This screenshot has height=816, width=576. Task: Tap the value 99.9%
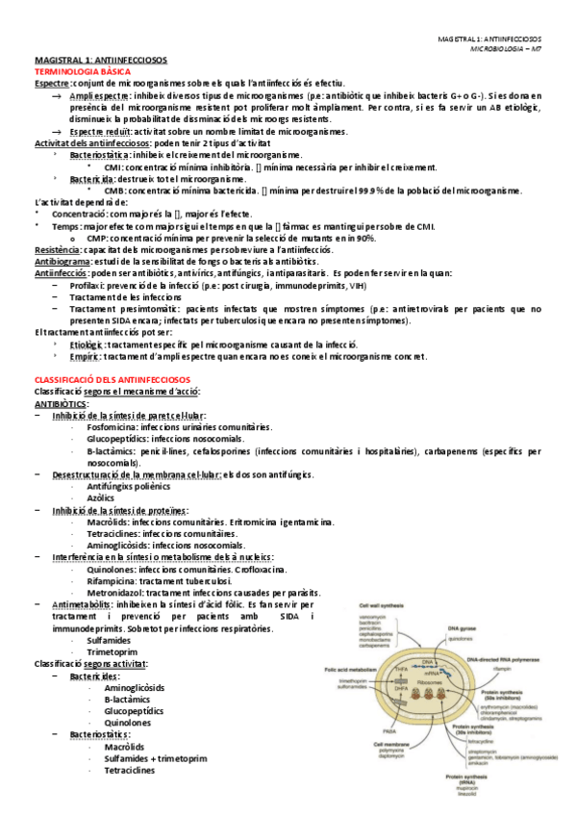coord(374,191)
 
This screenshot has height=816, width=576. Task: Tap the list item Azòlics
coord(103,497)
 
